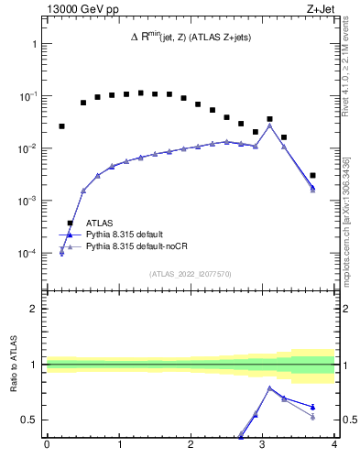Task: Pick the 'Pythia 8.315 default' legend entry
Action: click(129, 234)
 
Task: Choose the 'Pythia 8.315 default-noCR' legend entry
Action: click(138, 246)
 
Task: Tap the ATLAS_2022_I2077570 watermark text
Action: click(190, 273)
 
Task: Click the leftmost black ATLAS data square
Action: click(61, 126)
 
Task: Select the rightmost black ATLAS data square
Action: click(312, 175)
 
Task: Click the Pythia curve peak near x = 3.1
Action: click(269, 125)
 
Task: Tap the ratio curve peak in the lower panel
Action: click(269, 387)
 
